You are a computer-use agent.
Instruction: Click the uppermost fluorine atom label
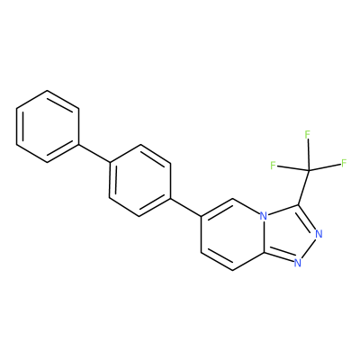tap(307, 135)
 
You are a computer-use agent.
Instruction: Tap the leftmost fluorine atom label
tap(273, 166)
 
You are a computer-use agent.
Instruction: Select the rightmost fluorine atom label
tap(344, 164)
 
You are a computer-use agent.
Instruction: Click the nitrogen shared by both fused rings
tap(264, 216)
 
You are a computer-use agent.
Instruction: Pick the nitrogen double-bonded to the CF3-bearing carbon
tap(319, 233)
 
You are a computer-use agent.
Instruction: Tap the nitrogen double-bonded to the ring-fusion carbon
tap(297, 263)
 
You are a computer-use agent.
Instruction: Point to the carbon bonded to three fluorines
tap(310, 171)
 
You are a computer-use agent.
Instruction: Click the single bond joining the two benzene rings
tap(94, 153)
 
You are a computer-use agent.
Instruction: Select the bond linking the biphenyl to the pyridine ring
tap(186, 207)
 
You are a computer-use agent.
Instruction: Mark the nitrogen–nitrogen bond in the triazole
tap(308, 248)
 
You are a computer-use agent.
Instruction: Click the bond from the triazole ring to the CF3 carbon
tap(304, 188)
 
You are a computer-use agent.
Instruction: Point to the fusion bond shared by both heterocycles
tap(264, 234)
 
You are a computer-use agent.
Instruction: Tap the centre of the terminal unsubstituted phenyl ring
tap(48, 126)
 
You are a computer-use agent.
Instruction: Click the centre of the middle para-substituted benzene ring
tap(140, 180)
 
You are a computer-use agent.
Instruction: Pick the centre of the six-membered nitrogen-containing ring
tap(232, 234)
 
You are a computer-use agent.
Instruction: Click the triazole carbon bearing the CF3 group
tap(299, 205)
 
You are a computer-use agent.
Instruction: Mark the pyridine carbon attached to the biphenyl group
tap(202, 216)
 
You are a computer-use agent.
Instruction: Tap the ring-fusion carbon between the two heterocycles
tap(264, 252)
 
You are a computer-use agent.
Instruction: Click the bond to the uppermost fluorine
tap(309, 155)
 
